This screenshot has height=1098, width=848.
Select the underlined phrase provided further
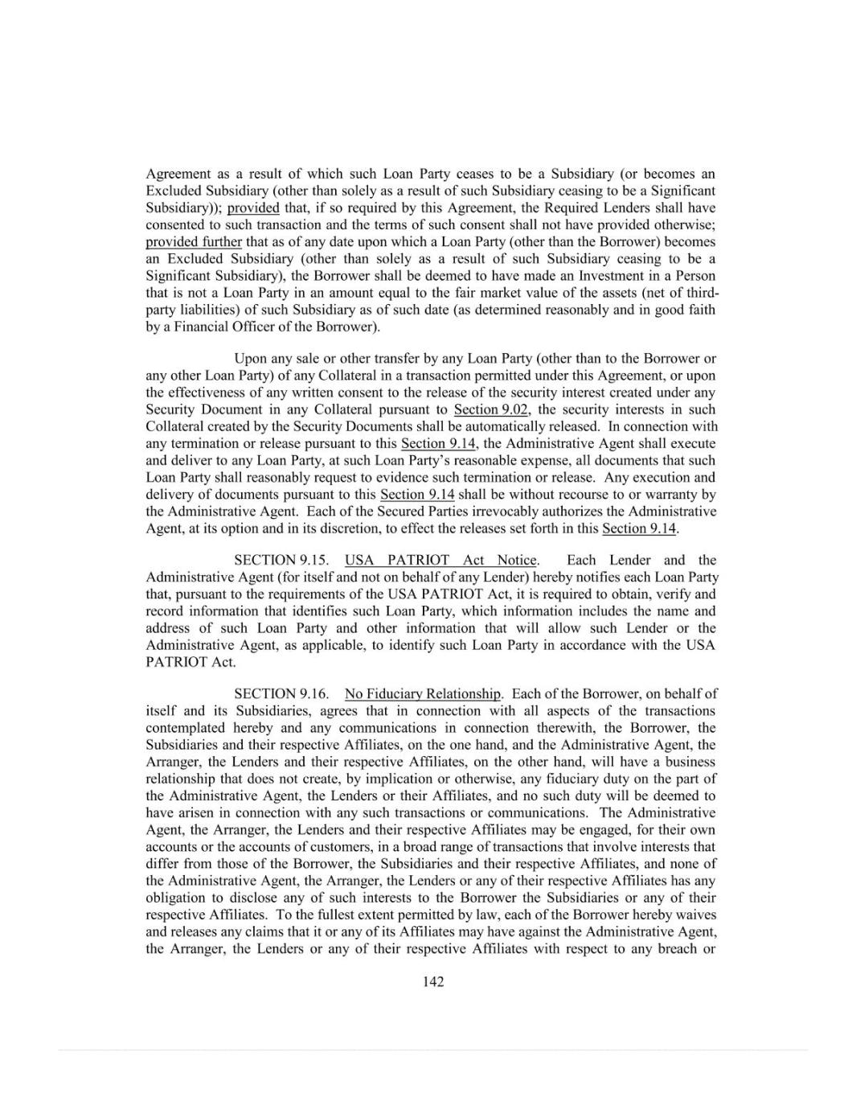pyautogui.click(x=194, y=241)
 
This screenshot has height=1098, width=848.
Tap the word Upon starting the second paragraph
pyautogui.click(x=250, y=358)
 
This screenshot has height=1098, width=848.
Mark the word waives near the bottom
pyautogui.click(x=696, y=915)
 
